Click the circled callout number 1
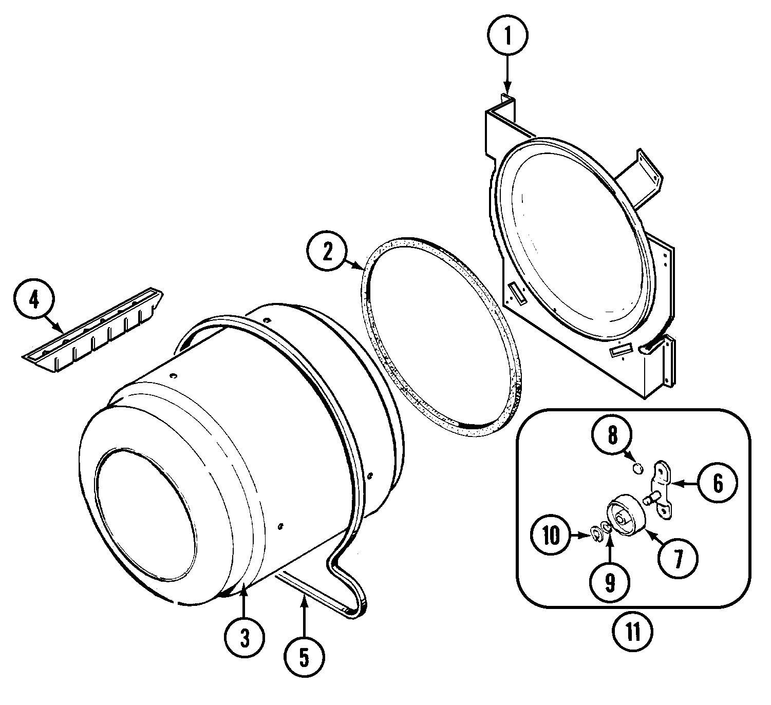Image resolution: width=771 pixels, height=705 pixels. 507,35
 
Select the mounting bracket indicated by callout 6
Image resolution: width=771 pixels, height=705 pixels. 661,487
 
